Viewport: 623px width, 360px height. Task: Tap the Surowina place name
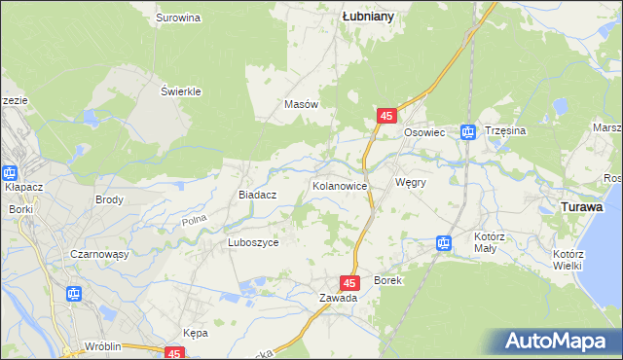coord(178,18)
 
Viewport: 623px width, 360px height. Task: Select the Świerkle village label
coord(180,91)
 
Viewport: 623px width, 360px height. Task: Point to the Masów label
coord(301,104)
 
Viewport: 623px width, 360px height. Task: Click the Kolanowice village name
coord(338,185)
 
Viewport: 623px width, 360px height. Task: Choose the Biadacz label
coord(258,195)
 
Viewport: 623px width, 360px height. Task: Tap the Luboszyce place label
coord(253,243)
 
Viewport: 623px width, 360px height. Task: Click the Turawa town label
coord(582,207)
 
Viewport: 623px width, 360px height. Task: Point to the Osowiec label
coord(424,132)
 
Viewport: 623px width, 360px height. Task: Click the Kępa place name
coord(196,333)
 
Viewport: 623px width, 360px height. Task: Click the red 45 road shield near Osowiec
coord(386,116)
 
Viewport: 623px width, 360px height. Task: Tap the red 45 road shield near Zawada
coord(353,281)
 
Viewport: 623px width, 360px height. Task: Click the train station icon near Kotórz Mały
coord(444,243)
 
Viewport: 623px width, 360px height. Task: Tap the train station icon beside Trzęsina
coord(468,131)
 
